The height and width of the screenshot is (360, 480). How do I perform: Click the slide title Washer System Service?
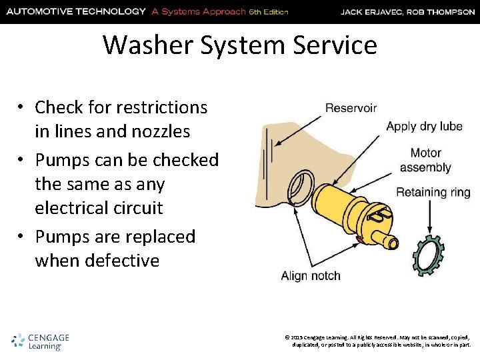click(240, 45)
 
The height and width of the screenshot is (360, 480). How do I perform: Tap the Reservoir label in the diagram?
click(351, 107)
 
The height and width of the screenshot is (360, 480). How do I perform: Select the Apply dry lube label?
click(424, 126)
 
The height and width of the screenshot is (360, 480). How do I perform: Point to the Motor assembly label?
click(425, 160)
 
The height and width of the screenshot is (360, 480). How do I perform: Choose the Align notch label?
click(311, 275)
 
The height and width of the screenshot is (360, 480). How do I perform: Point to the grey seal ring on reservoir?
click(304, 187)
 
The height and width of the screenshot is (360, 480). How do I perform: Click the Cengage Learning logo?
click(41, 341)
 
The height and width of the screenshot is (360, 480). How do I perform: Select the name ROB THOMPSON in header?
click(443, 11)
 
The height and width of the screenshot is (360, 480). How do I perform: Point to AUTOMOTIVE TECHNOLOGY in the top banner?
click(75, 11)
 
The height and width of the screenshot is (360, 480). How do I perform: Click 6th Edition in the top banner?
click(269, 12)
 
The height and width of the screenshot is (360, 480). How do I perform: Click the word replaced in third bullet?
click(161, 237)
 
